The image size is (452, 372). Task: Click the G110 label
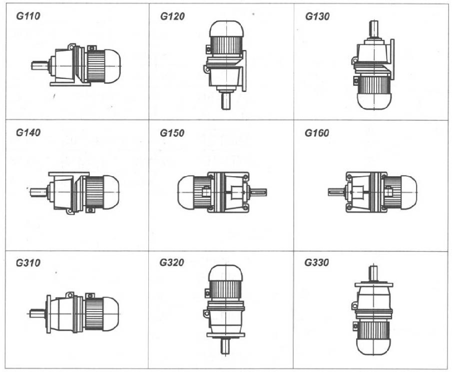click(x=28, y=16)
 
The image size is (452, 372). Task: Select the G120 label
click(x=172, y=16)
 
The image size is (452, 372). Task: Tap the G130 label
click(x=317, y=16)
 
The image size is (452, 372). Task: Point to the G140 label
click(x=28, y=132)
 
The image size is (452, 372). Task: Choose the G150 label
click(x=172, y=133)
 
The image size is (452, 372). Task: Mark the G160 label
click(x=317, y=133)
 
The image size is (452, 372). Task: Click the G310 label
click(x=28, y=263)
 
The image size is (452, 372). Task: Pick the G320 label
click(x=172, y=262)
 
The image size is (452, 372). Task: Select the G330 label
click(x=317, y=262)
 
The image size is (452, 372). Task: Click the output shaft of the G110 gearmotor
click(x=40, y=66)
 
